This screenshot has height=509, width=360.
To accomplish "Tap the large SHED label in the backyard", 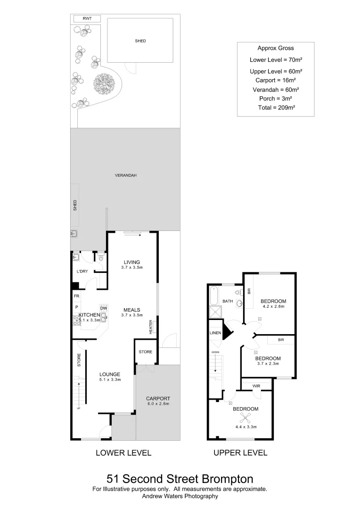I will tap(140, 41).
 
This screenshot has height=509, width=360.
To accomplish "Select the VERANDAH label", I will tap(125, 175).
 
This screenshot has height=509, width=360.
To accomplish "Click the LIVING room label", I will tap(132, 262).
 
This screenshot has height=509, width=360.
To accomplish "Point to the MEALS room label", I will tap(132, 310).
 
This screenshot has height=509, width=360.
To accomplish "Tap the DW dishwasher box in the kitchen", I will tap(104, 308).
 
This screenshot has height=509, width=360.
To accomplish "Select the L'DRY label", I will tap(82, 272).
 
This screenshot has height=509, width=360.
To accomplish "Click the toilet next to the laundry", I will tap(100, 257).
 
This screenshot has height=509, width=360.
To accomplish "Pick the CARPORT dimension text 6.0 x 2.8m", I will tap(158, 404).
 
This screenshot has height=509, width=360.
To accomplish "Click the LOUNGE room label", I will tap(110, 375).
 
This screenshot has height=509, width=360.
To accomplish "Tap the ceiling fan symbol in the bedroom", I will tap(245, 417).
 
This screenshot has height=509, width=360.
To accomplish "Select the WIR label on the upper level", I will tap(256, 386).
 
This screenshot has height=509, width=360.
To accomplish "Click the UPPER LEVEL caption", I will tap(240, 453).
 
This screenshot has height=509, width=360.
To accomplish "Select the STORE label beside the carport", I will tap(145, 352).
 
